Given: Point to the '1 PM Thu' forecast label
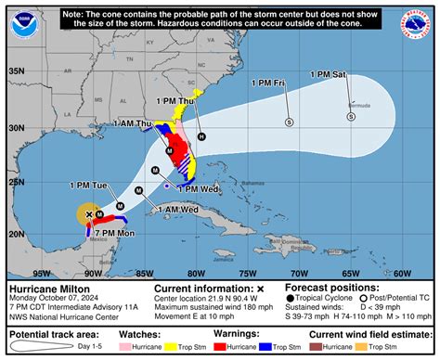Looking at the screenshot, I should [175, 99].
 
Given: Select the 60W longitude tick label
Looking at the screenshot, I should [401, 273].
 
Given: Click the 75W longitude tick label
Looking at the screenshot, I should [246, 273].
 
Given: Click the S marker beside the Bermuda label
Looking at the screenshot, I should [351, 118].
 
